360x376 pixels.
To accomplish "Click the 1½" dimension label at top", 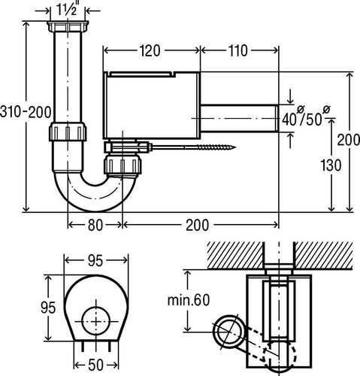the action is pos(67,10).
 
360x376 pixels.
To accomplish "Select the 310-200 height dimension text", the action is pos(26,112).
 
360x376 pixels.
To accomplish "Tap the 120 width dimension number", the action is pos(150,50).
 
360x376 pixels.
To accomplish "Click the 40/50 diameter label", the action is pos(306,117).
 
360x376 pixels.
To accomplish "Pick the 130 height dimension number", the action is pos(331,165).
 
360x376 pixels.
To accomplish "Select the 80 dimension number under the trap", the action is pos(95,225).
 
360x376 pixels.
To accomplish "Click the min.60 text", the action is pos(189,300).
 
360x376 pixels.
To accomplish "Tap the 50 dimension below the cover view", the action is pos(95,365).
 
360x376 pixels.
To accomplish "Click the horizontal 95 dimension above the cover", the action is pos(95,260).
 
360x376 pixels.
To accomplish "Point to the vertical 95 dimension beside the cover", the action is pos(48,308).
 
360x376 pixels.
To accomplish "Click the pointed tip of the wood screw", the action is pos(235,147).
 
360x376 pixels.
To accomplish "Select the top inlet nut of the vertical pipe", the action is pos(68,26).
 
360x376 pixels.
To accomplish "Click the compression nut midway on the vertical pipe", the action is pos(68,132).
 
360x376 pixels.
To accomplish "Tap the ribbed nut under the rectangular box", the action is pos(123,165).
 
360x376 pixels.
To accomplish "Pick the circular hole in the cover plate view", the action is pos(96,320).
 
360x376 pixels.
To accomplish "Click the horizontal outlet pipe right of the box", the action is pos(240,118).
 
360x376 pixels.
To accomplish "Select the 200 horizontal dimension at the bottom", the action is pos(197,225).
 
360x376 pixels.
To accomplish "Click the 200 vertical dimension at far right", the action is pos(348,140).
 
